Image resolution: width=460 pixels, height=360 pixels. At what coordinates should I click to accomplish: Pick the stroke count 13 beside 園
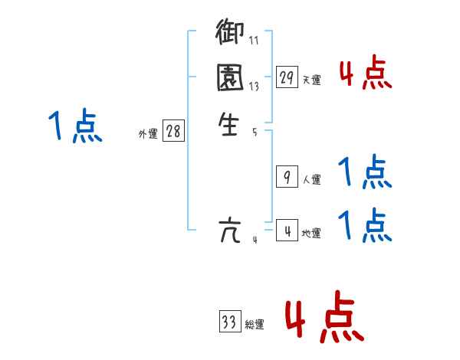[254, 87]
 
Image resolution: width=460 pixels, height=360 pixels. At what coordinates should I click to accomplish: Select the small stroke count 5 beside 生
[254, 132]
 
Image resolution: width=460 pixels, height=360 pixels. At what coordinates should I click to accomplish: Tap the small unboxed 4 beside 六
[255, 239]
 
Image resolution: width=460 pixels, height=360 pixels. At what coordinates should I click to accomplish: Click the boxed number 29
[287, 77]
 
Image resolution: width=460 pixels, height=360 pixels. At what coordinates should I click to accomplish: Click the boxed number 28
[173, 131]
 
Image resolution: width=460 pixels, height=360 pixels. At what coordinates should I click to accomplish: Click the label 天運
[311, 80]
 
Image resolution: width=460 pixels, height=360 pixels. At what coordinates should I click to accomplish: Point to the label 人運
[311, 181]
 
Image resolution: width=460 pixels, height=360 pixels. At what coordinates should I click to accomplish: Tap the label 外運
[148, 134]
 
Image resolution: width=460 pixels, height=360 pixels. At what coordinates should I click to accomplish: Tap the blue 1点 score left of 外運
[76, 126]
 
